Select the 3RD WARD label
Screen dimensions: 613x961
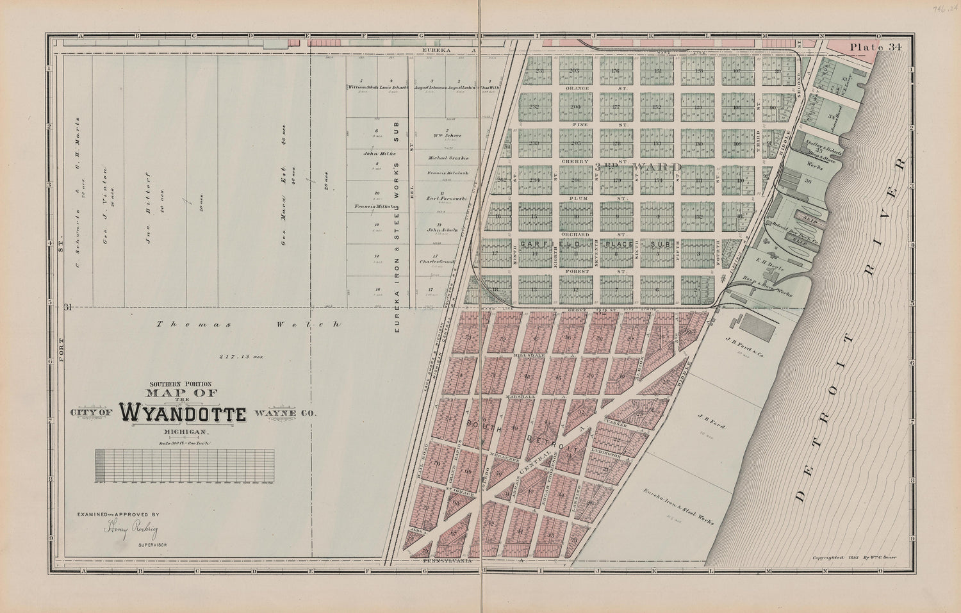coord(637,167)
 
